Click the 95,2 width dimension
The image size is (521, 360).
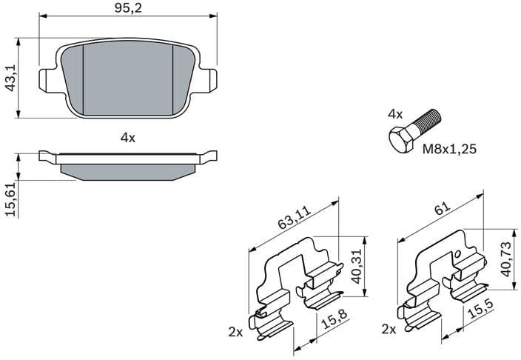pyautogui.click(x=128, y=10)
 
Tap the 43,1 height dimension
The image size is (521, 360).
pyautogui.click(x=10, y=78)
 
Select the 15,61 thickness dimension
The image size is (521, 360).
pyautogui.click(x=10, y=200)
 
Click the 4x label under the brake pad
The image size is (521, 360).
pyautogui.click(x=128, y=137)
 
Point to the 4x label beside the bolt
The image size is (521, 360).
pyautogui.click(x=395, y=114)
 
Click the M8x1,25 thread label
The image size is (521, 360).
pyautogui.click(x=449, y=149)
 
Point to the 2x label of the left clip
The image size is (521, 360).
pyautogui.click(x=236, y=333)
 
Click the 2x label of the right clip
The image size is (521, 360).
pyautogui.click(x=388, y=327)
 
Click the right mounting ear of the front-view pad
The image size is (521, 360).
pyautogui.click(x=210, y=78)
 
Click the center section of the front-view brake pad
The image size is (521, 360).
pyautogui.click(x=128, y=78)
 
